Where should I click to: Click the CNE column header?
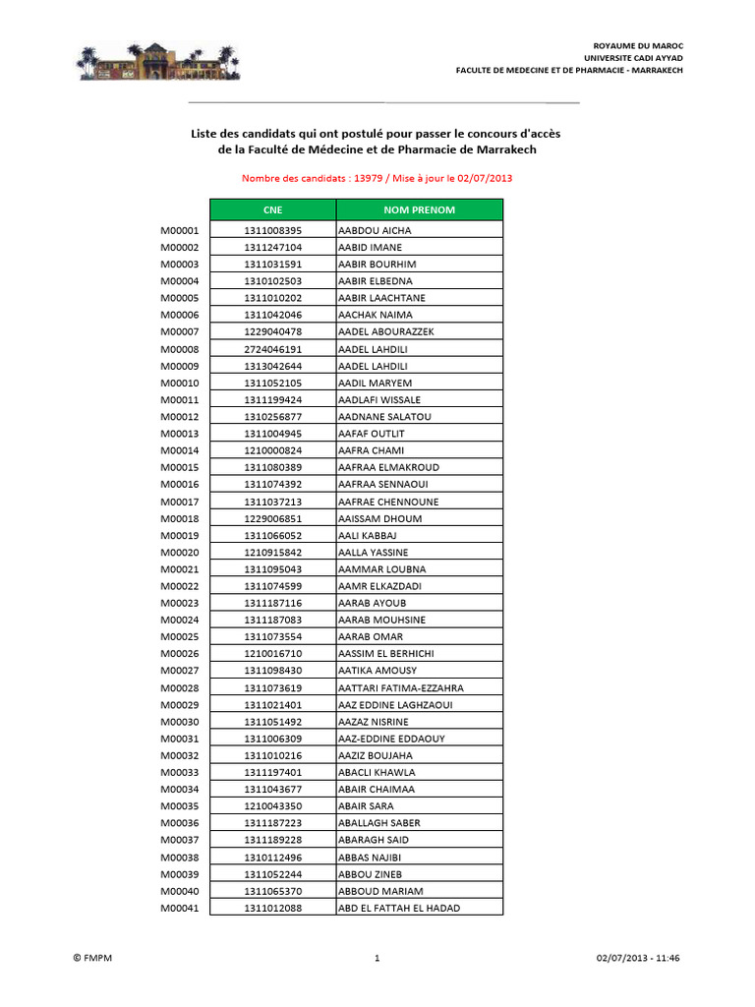[272, 209]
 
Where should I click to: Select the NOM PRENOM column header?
[419, 209]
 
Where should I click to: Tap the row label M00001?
[180, 230]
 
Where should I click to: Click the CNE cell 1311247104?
[273, 247]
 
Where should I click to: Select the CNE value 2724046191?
[273, 349]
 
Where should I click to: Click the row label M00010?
[180, 383]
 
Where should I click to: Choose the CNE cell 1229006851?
[273, 518]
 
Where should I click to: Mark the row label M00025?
[180, 637]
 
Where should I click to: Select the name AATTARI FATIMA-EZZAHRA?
[400, 688]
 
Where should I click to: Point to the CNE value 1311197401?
[273, 773]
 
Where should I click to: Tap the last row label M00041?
[180, 909]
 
